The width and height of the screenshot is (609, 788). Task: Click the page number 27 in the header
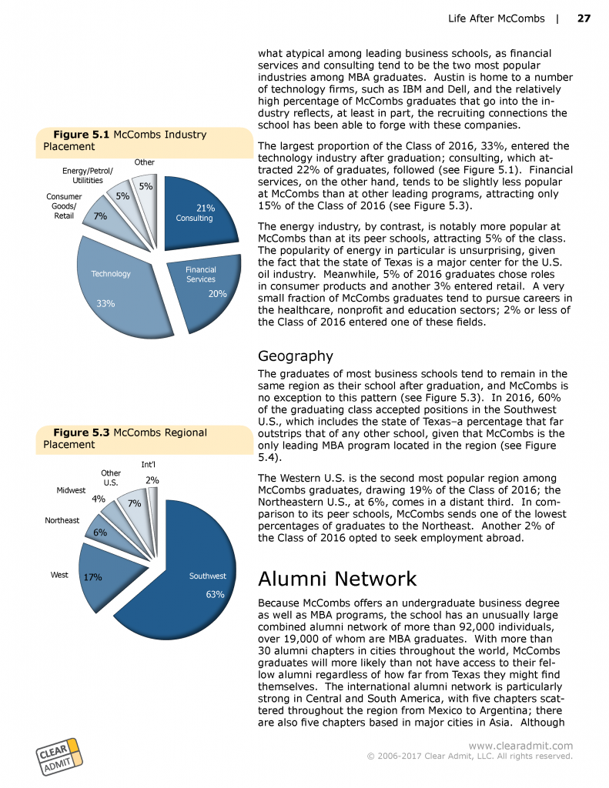tap(584, 18)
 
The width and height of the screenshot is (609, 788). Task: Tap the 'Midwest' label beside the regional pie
tap(71, 490)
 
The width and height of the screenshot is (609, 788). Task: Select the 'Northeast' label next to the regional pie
tap(62, 521)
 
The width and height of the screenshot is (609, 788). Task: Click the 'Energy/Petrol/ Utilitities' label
tap(88, 175)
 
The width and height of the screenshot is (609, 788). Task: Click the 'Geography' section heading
tap(296, 356)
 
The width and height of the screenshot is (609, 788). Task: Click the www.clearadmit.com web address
tap(520, 745)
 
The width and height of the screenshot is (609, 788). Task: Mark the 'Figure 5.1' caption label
tap(81, 135)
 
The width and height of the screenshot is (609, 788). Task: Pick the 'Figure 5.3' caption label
tap(81, 432)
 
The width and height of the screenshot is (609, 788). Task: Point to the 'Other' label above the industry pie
tap(145, 162)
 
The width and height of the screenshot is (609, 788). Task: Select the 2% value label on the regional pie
tap(152, 480)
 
